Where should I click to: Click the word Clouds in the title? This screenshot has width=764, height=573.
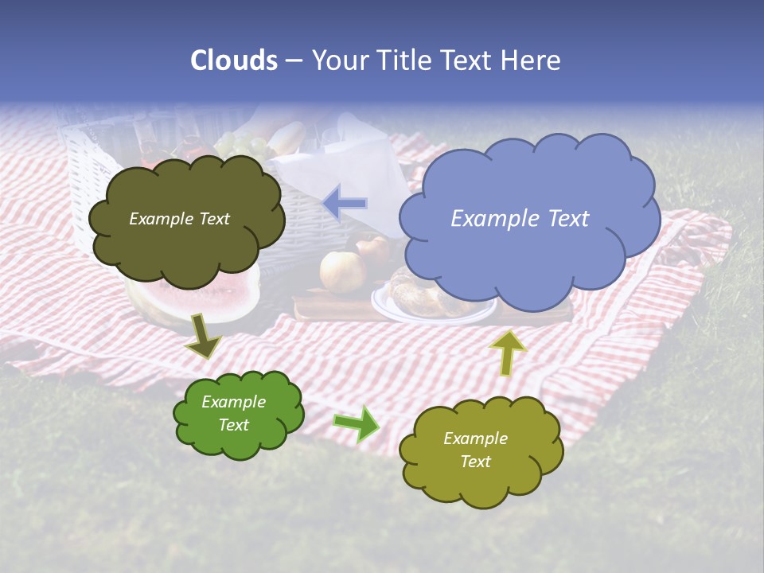coord(234,60)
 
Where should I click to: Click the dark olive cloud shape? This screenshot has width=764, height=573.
coord(185,219)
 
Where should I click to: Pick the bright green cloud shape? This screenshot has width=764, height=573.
coord(238,414)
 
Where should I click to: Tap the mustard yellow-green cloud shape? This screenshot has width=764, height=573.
coord(480,451)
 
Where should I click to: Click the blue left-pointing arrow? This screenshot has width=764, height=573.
coord(345,203)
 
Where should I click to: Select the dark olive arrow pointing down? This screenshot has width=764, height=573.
coord(204,336)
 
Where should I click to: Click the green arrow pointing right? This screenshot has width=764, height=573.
coord(357,423)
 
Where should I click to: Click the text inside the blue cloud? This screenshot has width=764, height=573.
coord(520,219)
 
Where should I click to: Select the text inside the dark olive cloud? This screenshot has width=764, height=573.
coord(179,219)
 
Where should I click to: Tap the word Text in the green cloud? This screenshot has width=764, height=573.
coord(234,425)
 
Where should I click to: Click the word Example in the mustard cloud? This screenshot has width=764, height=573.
coord(475,439)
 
